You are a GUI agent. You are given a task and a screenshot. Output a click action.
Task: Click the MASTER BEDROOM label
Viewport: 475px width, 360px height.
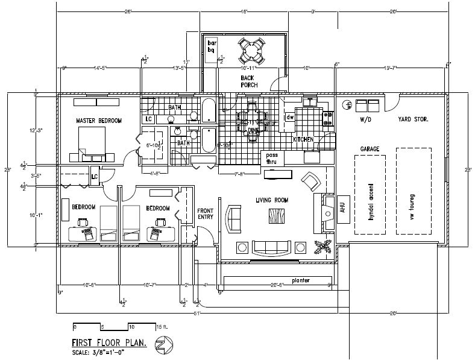98,121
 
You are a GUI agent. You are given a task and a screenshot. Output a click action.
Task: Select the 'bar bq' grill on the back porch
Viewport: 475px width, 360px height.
212,47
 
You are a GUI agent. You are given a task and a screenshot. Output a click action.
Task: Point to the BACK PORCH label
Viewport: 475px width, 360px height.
249,82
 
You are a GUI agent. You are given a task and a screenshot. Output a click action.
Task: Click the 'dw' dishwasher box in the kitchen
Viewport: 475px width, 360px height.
290,117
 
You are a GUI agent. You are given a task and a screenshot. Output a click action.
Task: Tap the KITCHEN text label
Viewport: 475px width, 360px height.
303,140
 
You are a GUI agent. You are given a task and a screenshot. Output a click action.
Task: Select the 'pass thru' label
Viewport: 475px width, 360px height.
271,159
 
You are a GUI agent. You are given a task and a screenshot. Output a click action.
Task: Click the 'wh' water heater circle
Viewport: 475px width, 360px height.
348,105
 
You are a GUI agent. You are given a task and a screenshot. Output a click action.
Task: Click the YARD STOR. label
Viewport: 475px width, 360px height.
413,120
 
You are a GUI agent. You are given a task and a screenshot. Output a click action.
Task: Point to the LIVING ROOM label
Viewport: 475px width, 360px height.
272,200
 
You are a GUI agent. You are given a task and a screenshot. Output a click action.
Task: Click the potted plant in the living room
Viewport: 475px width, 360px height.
323,246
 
